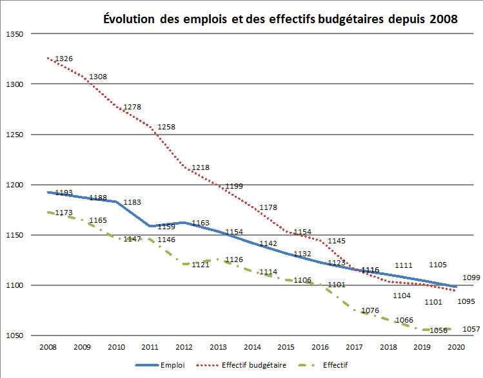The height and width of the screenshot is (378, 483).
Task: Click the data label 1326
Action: [64, 59]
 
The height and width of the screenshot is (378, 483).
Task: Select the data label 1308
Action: [98, 77]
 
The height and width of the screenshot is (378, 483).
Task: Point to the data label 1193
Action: [64, 193]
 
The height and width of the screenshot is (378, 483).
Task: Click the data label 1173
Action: [64, 212]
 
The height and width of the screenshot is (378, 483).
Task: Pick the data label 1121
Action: [201, 264]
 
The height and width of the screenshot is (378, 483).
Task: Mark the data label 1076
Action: [370, 310]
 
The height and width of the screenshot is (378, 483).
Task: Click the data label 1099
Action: [472, 278]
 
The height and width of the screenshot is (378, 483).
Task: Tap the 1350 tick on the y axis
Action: [14, 34]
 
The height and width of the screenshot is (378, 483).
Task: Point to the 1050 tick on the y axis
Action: [14, 336]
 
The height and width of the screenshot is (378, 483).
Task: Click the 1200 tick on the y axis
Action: [14, 185]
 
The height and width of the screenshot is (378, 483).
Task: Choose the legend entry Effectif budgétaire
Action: [253, 364]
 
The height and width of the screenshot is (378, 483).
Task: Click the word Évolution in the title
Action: [127, 19]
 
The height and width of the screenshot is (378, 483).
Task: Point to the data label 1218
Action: [201, 167]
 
